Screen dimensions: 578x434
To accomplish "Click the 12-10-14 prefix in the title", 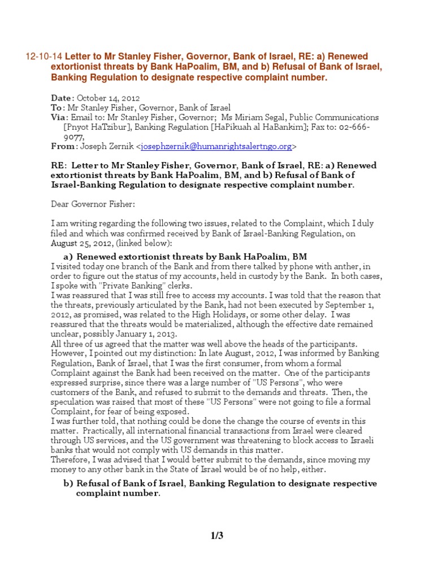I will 44,57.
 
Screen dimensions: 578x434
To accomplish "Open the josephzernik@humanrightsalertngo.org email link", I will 217,146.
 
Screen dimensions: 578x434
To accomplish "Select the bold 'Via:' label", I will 59,117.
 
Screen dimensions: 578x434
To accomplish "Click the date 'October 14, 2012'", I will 108,98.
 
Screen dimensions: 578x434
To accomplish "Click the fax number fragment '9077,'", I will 73,137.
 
